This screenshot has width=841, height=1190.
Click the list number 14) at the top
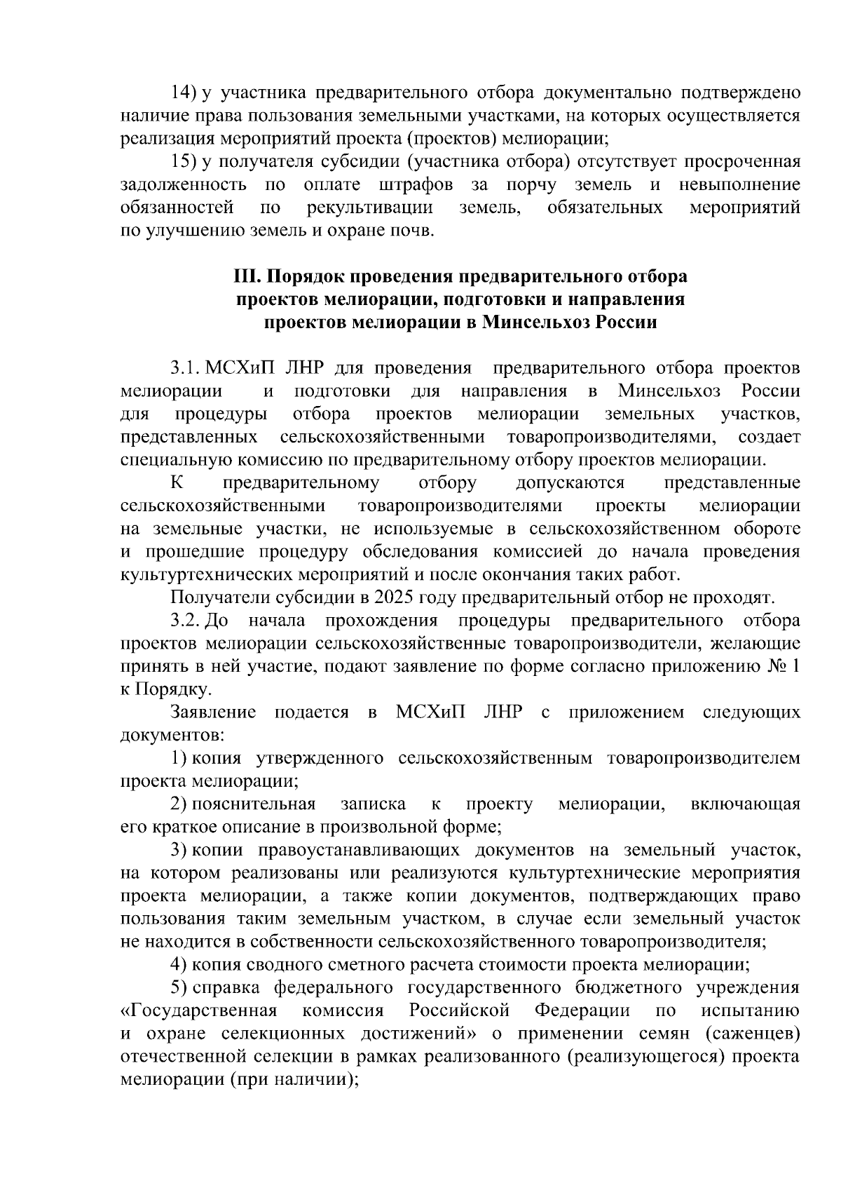pos(185,93)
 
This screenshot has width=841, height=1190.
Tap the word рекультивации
pos(369,208)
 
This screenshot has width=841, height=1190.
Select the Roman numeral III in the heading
pos(247,276)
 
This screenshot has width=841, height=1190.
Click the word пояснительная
pos(254,804)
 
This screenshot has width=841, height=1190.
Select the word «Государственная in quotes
pos(199,1010)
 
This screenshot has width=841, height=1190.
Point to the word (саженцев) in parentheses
pos(753,1034)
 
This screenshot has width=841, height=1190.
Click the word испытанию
pos(751,1010)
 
